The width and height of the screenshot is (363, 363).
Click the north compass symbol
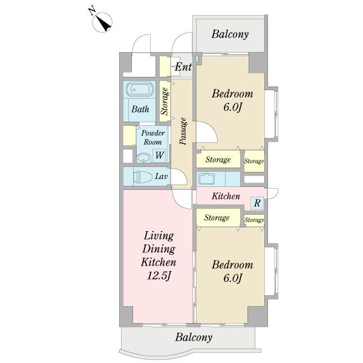(102, 21)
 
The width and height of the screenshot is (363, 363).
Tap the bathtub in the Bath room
(140, 90)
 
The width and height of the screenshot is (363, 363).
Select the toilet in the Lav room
(141, 177)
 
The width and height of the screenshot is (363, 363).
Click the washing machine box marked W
(159, 155)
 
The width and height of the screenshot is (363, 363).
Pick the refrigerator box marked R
(257, 203)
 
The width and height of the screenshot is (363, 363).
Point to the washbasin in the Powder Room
(144, 158)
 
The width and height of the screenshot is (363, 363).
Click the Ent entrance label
(183, 67)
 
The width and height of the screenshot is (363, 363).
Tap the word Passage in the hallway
(183, 131)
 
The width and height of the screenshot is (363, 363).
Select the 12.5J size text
(159, 275)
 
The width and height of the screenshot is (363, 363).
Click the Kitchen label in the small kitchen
(226, 196)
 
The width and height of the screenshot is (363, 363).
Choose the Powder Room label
(153, 137)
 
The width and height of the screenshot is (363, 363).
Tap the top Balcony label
(230, 34)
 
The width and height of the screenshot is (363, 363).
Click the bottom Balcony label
(194, 337)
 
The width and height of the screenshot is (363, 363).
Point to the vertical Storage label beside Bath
(165, 101)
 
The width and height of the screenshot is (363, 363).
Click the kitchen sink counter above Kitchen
(218, 179)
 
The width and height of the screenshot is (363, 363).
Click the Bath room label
(140, 109)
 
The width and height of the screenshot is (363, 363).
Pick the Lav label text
(161, 177)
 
